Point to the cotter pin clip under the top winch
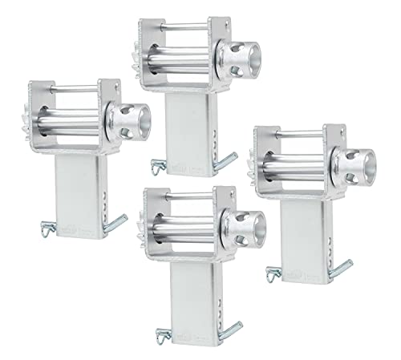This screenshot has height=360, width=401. tap(157, 166)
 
